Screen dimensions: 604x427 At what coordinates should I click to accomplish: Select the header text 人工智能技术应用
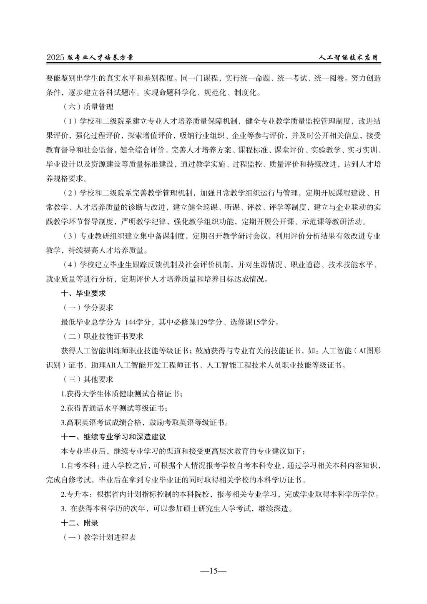pyautogui.click(x=350, y=58)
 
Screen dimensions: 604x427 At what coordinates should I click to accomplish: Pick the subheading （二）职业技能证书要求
pyautogui.click(x=103, y=336)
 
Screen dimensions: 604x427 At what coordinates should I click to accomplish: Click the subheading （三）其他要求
pyautogui.click(x=88, y=379)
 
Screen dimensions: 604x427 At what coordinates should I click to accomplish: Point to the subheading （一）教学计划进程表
pyautogui.click(x=99, y=537)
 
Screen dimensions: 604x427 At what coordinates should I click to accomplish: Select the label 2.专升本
pyautogui.click(x=77, y=494)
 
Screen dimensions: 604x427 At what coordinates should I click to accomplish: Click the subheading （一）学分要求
pyautogui.click(x=88, y=307)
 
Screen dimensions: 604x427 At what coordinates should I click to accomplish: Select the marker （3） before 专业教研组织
pyautogui.click(x=70, y=236)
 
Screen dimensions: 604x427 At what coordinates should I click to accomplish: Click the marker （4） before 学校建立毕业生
pyautogui.click(x=70, y=264)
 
